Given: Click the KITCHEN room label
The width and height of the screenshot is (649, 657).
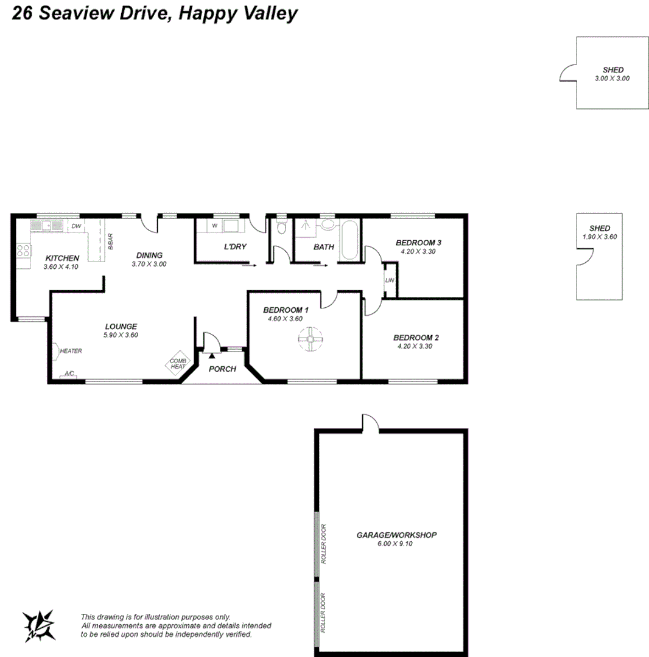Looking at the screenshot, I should [x=62, y=258].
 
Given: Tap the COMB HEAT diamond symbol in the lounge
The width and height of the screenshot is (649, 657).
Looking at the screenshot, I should [x=178, y=363].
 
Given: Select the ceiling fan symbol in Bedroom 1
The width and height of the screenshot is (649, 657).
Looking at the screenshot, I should [x=309, y=339].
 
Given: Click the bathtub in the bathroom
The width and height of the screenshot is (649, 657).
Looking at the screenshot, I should [x=349, y=242].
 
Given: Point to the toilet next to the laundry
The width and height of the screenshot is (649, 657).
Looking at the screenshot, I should [x=281, y=228].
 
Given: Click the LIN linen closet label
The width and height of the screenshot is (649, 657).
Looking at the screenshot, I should [x=390, y=280].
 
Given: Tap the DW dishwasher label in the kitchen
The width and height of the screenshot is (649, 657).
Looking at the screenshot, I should [x=77, y=227].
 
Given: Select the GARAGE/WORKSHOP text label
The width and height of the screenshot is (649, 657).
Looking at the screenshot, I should [x=396, y=535].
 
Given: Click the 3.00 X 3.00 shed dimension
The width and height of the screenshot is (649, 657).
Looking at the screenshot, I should [x=612, y=78].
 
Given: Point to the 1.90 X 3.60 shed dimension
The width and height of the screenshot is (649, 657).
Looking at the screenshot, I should [x=600, y=237].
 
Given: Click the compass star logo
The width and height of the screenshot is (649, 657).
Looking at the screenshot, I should [x=38, y=625].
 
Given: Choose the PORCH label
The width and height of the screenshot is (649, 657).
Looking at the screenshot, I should [x=222, y=369].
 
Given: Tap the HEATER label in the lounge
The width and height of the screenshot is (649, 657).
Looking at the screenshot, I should [x=71, y=351].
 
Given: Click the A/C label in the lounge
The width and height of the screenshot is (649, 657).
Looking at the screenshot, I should [x=69, y=374].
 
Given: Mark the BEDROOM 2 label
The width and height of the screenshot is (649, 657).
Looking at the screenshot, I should [x=416, y=338].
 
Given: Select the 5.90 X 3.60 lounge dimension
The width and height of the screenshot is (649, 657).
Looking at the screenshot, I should [x=121, y=335].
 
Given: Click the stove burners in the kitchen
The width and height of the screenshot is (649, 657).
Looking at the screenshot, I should [x=23, y=250].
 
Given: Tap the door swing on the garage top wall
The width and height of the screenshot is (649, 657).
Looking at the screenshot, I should [x=371, y=422].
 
